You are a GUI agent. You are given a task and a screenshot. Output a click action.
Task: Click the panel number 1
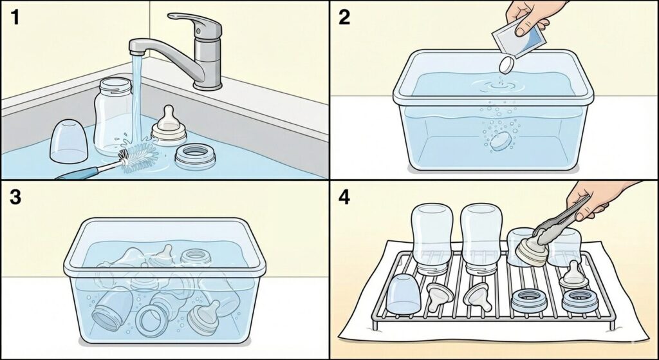[x=15, y=18]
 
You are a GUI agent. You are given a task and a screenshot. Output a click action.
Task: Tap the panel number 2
[x=344, y=18]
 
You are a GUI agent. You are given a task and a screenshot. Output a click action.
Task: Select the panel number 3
[x=15, y=197]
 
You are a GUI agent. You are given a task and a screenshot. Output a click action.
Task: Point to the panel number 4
[x=344, y=197]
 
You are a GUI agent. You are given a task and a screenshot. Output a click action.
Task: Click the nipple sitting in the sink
[x=169, y=126]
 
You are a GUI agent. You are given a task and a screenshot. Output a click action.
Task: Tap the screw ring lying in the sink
[x=195, y=156]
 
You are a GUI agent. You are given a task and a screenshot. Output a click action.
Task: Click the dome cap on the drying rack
[x=403, y=294]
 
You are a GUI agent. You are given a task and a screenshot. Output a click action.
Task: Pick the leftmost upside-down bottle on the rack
[x=432, y=238]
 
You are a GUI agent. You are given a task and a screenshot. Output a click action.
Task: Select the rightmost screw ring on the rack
[x=580, y=301]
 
